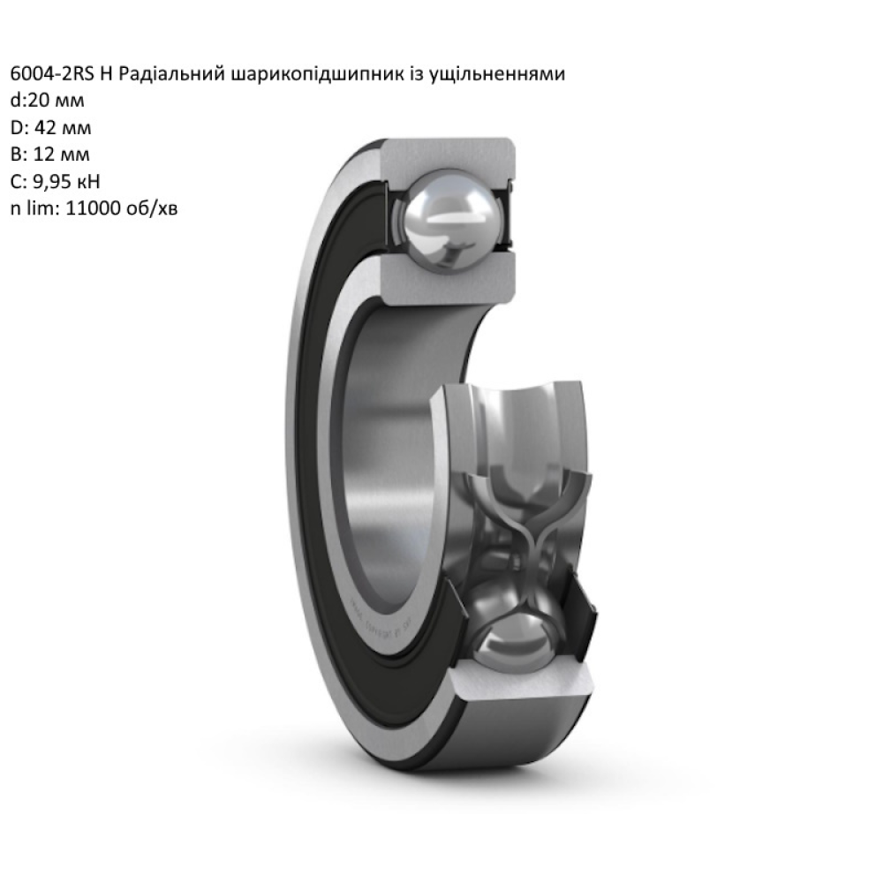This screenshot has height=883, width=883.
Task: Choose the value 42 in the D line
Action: (46, 128)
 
